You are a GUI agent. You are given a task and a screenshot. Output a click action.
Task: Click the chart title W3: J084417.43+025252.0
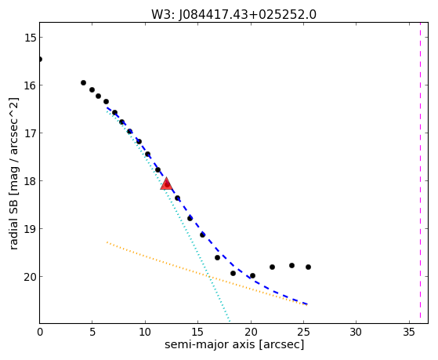(x=233, y=15)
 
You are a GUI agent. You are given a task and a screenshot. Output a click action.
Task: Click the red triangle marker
(x=166, y=184)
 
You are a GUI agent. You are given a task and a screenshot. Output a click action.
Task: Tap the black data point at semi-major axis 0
(x=40, y=59)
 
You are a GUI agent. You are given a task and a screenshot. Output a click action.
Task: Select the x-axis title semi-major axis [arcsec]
(x=234, y=344)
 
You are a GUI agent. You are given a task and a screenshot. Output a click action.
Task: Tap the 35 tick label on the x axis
(x=409, y=332)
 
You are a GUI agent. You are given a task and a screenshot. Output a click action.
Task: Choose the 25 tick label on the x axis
(x=303, y=332)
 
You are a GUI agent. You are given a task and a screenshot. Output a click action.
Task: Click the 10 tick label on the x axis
(x=145, y=332)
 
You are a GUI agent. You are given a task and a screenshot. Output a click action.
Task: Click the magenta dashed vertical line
(x=420, y=173)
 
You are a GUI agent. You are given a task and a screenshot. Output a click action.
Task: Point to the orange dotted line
(x=207, y=274)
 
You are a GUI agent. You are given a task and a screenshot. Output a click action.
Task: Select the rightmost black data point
(x=308, y=267)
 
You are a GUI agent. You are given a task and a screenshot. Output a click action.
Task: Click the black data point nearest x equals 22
(x=272, y=267)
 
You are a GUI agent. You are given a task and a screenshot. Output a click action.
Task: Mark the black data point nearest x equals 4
(x=83, y=83)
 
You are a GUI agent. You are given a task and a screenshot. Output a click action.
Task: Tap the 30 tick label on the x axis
(x=357, y=332)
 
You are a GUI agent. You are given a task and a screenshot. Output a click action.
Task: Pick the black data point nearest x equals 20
(x=252, y=276)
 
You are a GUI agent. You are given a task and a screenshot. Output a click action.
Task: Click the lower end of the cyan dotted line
(x=230, y=322)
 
